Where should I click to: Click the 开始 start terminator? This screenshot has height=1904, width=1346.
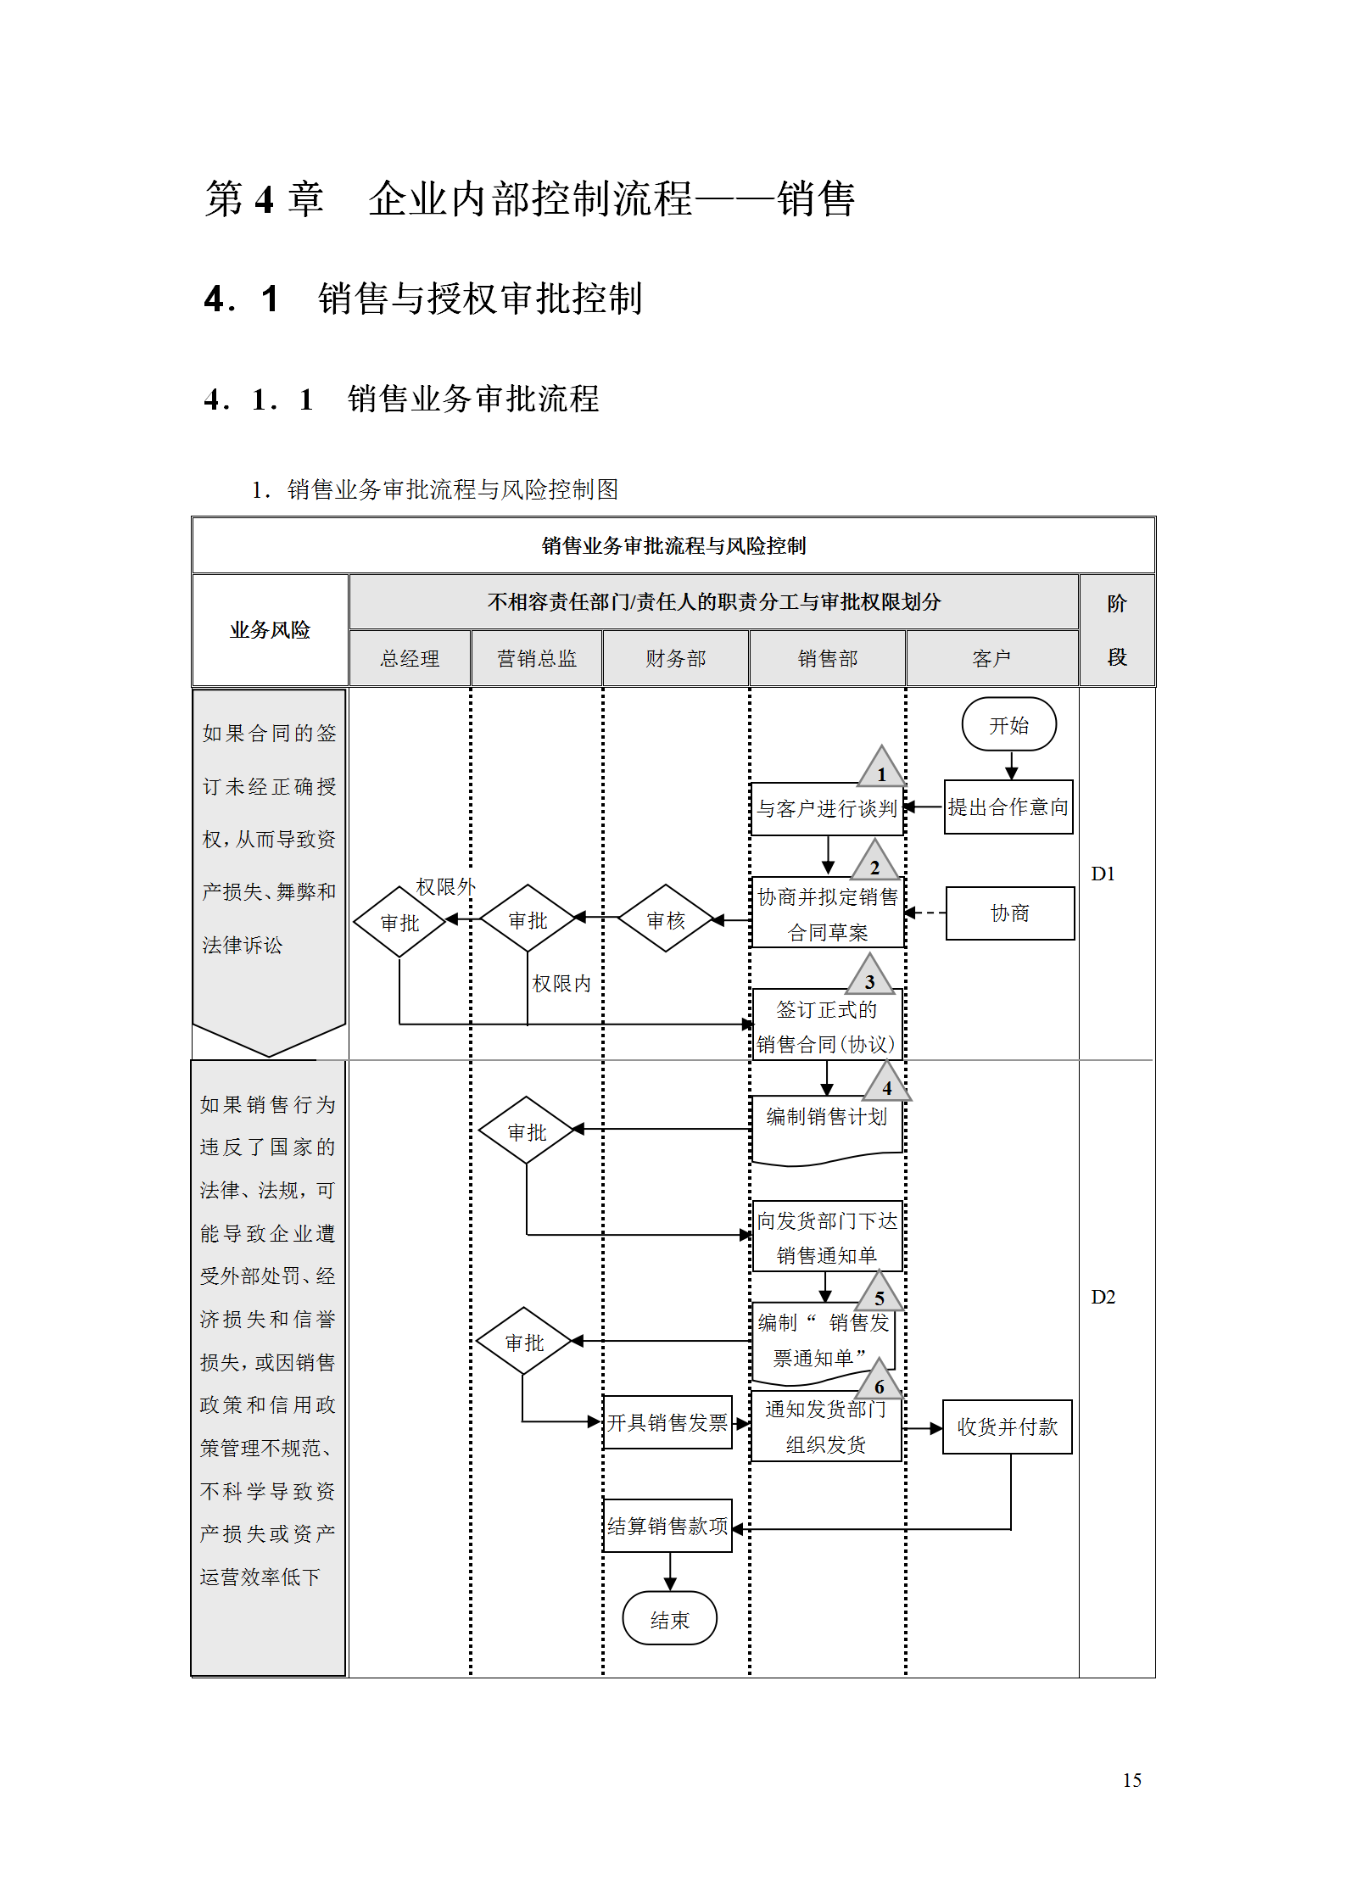[1008, 724]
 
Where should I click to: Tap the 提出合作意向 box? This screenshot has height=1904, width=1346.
[1008, 807]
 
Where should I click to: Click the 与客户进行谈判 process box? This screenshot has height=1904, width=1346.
[827, 809]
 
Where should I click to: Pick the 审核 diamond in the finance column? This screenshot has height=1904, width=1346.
[666, 919]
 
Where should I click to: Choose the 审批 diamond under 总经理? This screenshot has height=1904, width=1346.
[399, 922]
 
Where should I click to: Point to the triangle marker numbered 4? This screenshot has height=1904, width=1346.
[886, 1084]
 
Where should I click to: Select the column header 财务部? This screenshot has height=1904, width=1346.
[675, 658]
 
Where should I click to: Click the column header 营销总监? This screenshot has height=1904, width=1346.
[536, 658]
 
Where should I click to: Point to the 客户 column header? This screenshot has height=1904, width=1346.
[991, 658]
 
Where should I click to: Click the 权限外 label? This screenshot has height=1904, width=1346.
[445, 886]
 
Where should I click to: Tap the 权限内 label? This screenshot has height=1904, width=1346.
[561, 983]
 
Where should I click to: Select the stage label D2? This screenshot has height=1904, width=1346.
[1103, 1297]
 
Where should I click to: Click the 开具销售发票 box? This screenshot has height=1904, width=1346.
[667, 1422]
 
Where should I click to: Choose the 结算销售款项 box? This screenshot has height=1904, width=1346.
[667, 1526]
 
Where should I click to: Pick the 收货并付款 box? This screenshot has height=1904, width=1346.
[1008, 1427]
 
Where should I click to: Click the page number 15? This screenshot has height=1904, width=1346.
[1131, 1780]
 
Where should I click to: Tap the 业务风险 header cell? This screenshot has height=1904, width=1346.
[270, 629]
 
